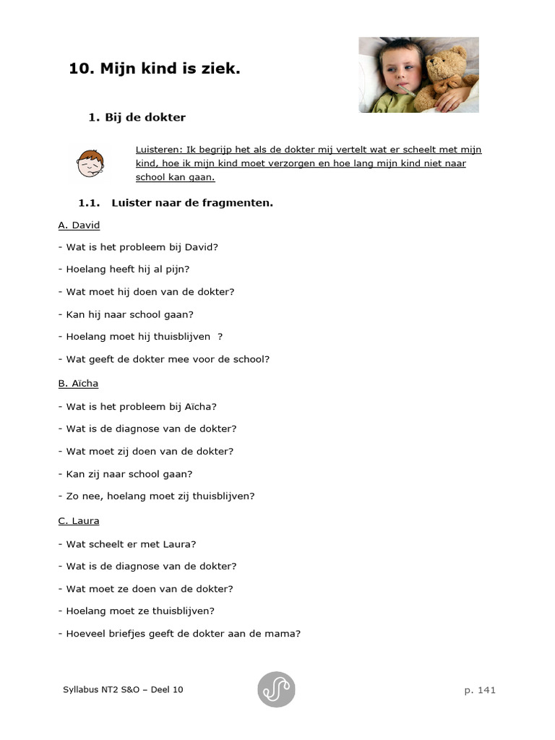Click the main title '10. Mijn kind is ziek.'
(154, 69)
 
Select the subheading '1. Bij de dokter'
(137, 117)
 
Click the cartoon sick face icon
(90, 163)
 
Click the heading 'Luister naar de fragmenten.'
(192, 203)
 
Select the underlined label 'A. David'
(79, 225)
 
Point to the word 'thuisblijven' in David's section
(181, 337)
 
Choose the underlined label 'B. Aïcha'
(78, 383)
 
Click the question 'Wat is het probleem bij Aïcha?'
(141, 406)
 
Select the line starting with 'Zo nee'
(156, 496)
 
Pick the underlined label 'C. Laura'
(79, 521)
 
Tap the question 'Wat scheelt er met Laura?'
(131, 544)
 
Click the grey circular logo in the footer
(276, 689)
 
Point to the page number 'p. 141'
(480, 690)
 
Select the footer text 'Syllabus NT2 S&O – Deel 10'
(123, 689)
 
